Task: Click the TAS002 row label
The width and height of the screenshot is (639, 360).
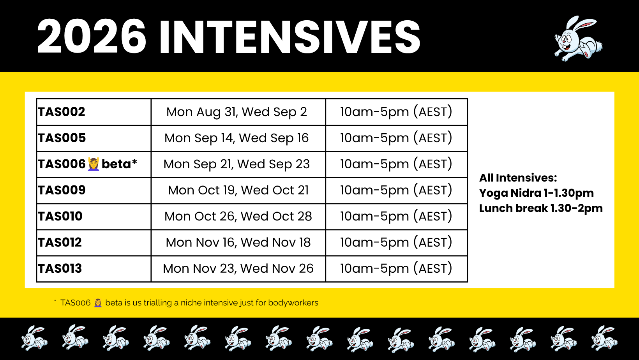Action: [x=62, y=112]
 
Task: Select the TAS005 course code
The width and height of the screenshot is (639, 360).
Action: [x=62, y=138]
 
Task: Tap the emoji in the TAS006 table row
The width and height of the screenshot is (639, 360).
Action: [x=94, y=164]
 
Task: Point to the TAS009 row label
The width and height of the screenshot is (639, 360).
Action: [x=62, y=190]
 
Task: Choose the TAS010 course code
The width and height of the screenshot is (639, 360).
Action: [x=60, y=216]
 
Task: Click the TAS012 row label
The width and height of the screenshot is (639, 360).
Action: [x=60, y=242]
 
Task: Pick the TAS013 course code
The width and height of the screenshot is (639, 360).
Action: [x=60, y=269]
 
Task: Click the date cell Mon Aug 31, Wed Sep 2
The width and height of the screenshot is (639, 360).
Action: [x=237, y=112]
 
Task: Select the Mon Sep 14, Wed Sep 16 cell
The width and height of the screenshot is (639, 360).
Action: [x=237, y=138]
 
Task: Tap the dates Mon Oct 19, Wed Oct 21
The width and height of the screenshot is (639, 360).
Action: [x=238, y=190]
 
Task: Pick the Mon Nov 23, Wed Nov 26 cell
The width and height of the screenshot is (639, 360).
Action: [x=238, y=269]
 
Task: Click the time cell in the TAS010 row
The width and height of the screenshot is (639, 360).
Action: [x=396, y=216]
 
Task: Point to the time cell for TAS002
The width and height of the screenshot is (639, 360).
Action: [x=396, y=112]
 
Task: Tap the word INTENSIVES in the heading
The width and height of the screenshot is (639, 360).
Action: [x=290, y=37]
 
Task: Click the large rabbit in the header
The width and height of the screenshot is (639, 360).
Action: [x=578, y=39]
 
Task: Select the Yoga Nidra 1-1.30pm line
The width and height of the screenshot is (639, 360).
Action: [x=536, y=193]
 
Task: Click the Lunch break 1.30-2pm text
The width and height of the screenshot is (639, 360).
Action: [x=541, y=208]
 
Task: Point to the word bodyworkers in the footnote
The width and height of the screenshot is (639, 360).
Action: [x=293, y=303]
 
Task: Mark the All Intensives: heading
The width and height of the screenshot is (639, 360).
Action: [x=518, y=178]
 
